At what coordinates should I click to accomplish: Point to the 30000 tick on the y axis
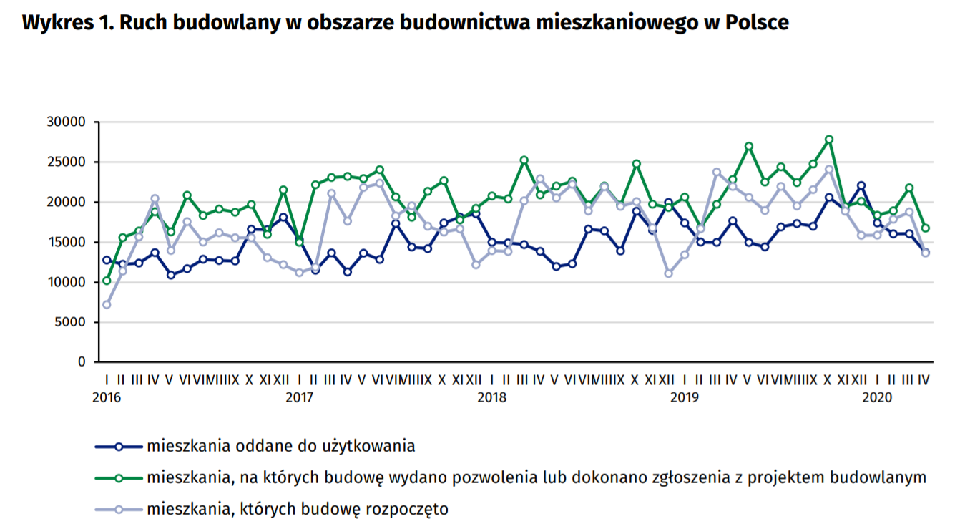pyautogui.click(x=70, y=122)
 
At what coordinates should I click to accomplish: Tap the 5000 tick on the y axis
pyautogui.click(x=73, y=322)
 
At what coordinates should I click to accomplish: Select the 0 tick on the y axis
pyautogui.click(x=82, y=362)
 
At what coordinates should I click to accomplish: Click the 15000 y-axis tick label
pyautogui.click(x=70, y=242)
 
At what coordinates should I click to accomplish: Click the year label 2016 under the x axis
pyautogui.click(x=107, y=396)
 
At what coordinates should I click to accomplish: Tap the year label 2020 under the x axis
pyautogui.click(x=876, y=396)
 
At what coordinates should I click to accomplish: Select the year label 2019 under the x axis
pyautogui.click(x=684, y=396)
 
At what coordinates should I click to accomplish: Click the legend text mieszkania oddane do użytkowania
pyautogui.click(x=281, y=446)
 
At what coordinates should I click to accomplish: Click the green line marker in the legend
pyautogui.click(x=119, y=477)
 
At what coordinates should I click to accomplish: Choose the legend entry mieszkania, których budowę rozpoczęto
pyautogui.click(x=298, y=510)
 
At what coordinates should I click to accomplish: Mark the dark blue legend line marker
pyautogui.click(x=119, y=446)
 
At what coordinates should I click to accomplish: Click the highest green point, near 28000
pyautogui.click(x=829, y=140)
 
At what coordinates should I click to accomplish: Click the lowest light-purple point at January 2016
pyautogui.click(x=107, y=305)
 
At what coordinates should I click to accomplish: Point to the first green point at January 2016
pyautogui.click(x=107, y=281)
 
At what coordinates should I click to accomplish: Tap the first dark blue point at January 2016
pyautogui.click(x=107, y=260)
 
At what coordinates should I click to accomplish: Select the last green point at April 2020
pyautogui.click(x=925, y=228)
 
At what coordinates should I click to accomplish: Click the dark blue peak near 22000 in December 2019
pyautogui.click(x=861, y=185)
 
